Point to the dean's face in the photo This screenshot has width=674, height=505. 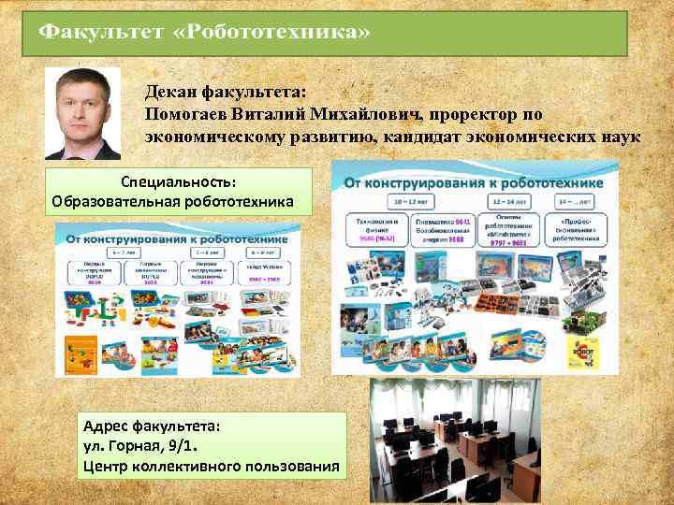(x=83, y=100)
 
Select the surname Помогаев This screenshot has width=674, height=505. (x=186, y=114)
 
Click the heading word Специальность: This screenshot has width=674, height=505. (x=178, y=180)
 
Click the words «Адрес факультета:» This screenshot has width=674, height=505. (x=151, y=425)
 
